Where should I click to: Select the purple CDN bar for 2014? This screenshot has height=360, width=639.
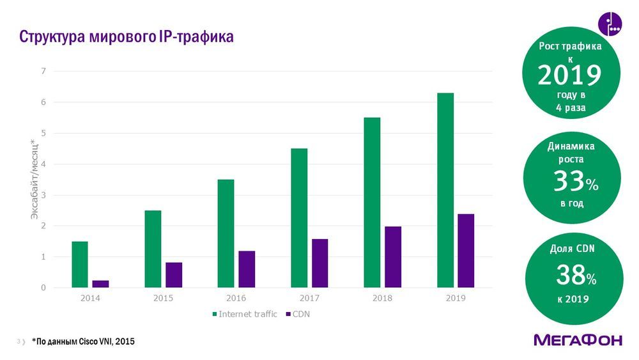101,284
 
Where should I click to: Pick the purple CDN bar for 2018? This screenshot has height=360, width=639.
393,257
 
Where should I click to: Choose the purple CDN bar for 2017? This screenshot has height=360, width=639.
319,263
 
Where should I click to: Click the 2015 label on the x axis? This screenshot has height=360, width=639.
163,299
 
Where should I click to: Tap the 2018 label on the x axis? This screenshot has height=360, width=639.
382,299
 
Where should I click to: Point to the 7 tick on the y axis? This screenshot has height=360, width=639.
43,71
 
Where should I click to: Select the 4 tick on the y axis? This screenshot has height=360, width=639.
43,164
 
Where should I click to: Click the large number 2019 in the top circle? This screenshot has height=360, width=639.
569,75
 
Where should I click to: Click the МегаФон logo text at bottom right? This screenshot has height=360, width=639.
578,340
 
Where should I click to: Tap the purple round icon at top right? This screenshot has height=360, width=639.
610,24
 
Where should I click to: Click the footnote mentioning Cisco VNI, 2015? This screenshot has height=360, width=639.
84,342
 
